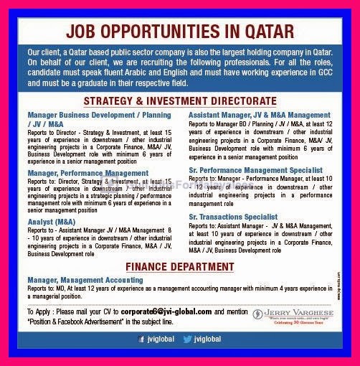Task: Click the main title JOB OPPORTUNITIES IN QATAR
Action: click(179, 32)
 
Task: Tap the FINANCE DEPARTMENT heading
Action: click(180, 268)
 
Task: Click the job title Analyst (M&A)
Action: click(52, 222)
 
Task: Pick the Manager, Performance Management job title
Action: click(87, 173)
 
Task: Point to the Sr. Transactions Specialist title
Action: click(233, 216)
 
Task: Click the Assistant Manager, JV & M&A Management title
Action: click(260, 115)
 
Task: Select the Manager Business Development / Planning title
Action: click(99, 115)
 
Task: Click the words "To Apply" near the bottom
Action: click(39, 312)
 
